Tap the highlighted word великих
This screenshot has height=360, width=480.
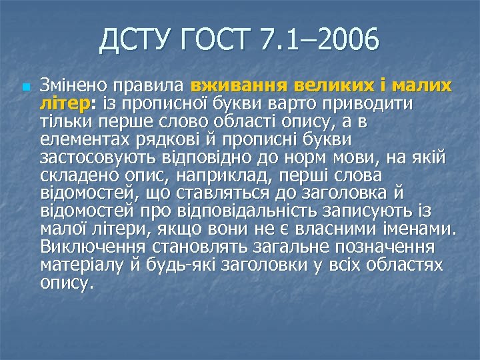320,86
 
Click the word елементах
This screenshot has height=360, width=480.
83,140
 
